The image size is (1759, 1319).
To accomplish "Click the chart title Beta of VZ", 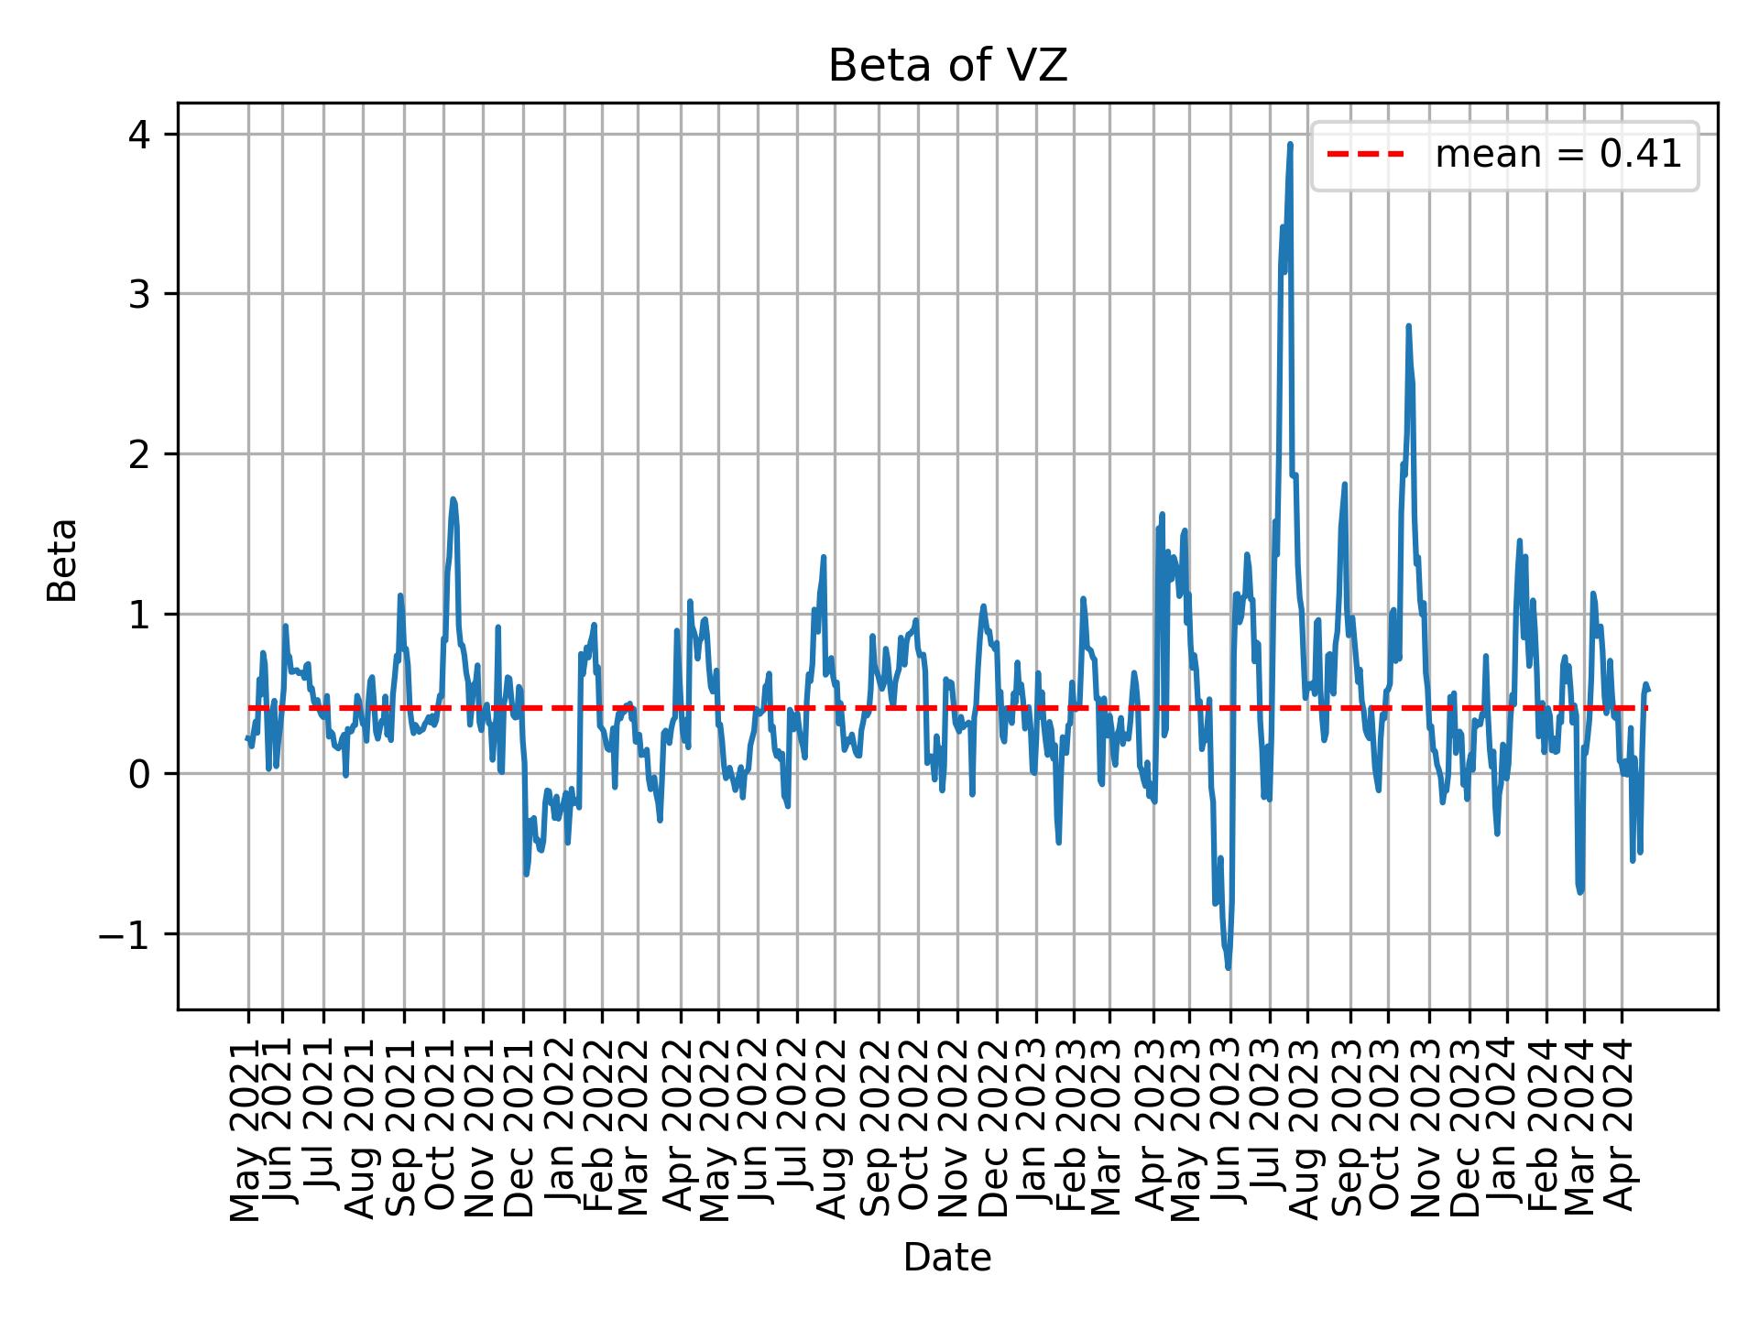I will point(947,67).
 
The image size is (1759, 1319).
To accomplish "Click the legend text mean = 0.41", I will point(1557,156).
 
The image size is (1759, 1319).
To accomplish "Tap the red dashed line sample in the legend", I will point(1365,156).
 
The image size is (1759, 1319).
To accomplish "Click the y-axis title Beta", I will point(62,560).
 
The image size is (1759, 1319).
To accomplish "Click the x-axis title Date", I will point(947,1259).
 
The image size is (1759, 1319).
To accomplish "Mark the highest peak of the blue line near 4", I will point(1290,145).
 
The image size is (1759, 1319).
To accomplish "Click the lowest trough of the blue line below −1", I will point(1228,967).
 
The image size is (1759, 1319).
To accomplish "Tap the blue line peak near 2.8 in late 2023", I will point(1408,326).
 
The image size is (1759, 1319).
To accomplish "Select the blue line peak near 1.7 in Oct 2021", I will point(453,499).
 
